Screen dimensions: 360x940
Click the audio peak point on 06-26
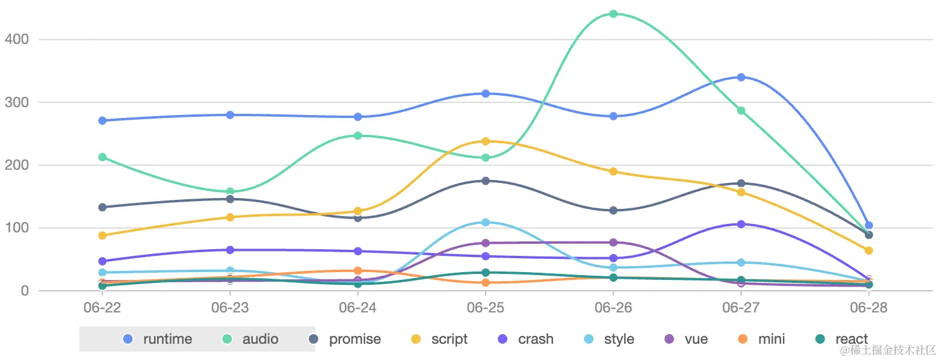[613, 14]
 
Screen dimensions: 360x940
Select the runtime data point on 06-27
[741, 77]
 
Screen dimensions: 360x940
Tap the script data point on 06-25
[485, 141]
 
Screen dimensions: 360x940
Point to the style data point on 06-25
[485, 222]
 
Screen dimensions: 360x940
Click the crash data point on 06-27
[741, 224]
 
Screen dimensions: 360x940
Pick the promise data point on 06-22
[102, 207]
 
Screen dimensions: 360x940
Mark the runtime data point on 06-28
[868, 226]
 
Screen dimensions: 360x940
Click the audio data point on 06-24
[357, 136]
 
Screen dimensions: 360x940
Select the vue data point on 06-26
[613, 243]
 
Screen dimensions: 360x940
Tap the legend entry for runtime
[158, 339]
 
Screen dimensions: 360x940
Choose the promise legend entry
[345, 339]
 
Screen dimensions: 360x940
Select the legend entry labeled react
[842, 339]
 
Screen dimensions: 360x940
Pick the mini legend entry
[762, 339]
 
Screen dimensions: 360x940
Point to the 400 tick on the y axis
[16, 40]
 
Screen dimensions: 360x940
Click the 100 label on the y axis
[16, 228]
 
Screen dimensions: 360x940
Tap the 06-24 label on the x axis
[357, 308]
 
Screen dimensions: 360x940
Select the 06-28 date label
[868, 308]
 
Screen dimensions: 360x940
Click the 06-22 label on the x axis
[102, 308]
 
